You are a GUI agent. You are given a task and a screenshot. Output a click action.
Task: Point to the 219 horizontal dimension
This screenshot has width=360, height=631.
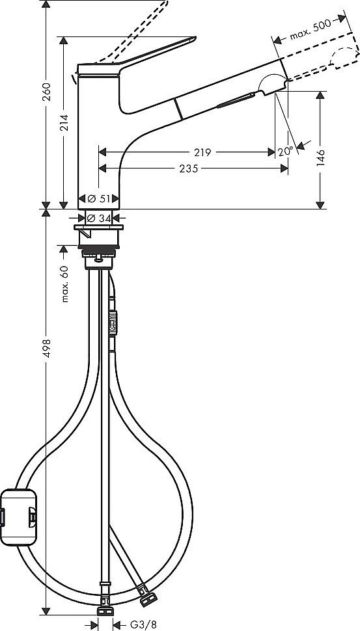[202, 153]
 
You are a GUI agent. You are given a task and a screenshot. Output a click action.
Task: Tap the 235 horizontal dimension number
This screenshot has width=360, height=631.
[189, 168]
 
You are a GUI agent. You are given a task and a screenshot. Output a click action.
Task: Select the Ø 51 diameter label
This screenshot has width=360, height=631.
[98, 198]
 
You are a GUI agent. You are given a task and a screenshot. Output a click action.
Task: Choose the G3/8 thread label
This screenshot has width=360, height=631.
[143, 624]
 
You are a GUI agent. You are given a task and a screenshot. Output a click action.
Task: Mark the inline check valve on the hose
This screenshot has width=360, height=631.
[112, 322]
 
